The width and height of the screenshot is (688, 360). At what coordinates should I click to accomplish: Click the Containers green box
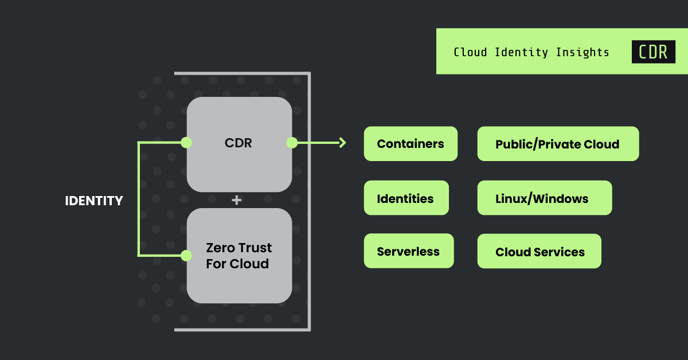tap(411, 144)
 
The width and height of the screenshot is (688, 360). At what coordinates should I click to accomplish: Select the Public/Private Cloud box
tap(557, 144)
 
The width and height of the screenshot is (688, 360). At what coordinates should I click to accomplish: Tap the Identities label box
tap(406, 198)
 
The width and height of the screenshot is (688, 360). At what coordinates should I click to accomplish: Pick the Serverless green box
tap(408, 251)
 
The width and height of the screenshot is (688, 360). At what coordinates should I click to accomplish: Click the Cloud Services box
tap(539, 252)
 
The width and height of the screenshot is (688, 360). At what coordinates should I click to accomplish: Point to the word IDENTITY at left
tap(94, 201)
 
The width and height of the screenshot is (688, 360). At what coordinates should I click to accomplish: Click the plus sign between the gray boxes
tap(236, 200)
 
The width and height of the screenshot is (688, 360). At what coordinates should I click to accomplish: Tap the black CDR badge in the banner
tap(653, 52)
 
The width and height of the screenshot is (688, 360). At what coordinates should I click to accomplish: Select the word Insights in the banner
tap(583, 52)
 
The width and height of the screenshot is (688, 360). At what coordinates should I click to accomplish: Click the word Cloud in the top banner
tap(470, 52)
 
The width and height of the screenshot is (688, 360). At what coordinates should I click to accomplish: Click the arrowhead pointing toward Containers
tap(343, 143)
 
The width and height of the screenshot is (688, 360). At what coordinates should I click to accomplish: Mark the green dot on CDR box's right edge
tap(292, 143)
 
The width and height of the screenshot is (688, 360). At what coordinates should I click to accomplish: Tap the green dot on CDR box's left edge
tap(186, 143)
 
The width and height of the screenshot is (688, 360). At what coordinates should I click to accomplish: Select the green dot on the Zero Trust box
tap(186, 255)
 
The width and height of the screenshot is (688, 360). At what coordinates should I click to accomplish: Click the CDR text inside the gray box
tap(239, 143)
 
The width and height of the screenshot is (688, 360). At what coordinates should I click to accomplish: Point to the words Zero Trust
tap(239, 248)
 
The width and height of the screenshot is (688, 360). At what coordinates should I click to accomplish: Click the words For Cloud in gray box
tap(239, 264)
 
